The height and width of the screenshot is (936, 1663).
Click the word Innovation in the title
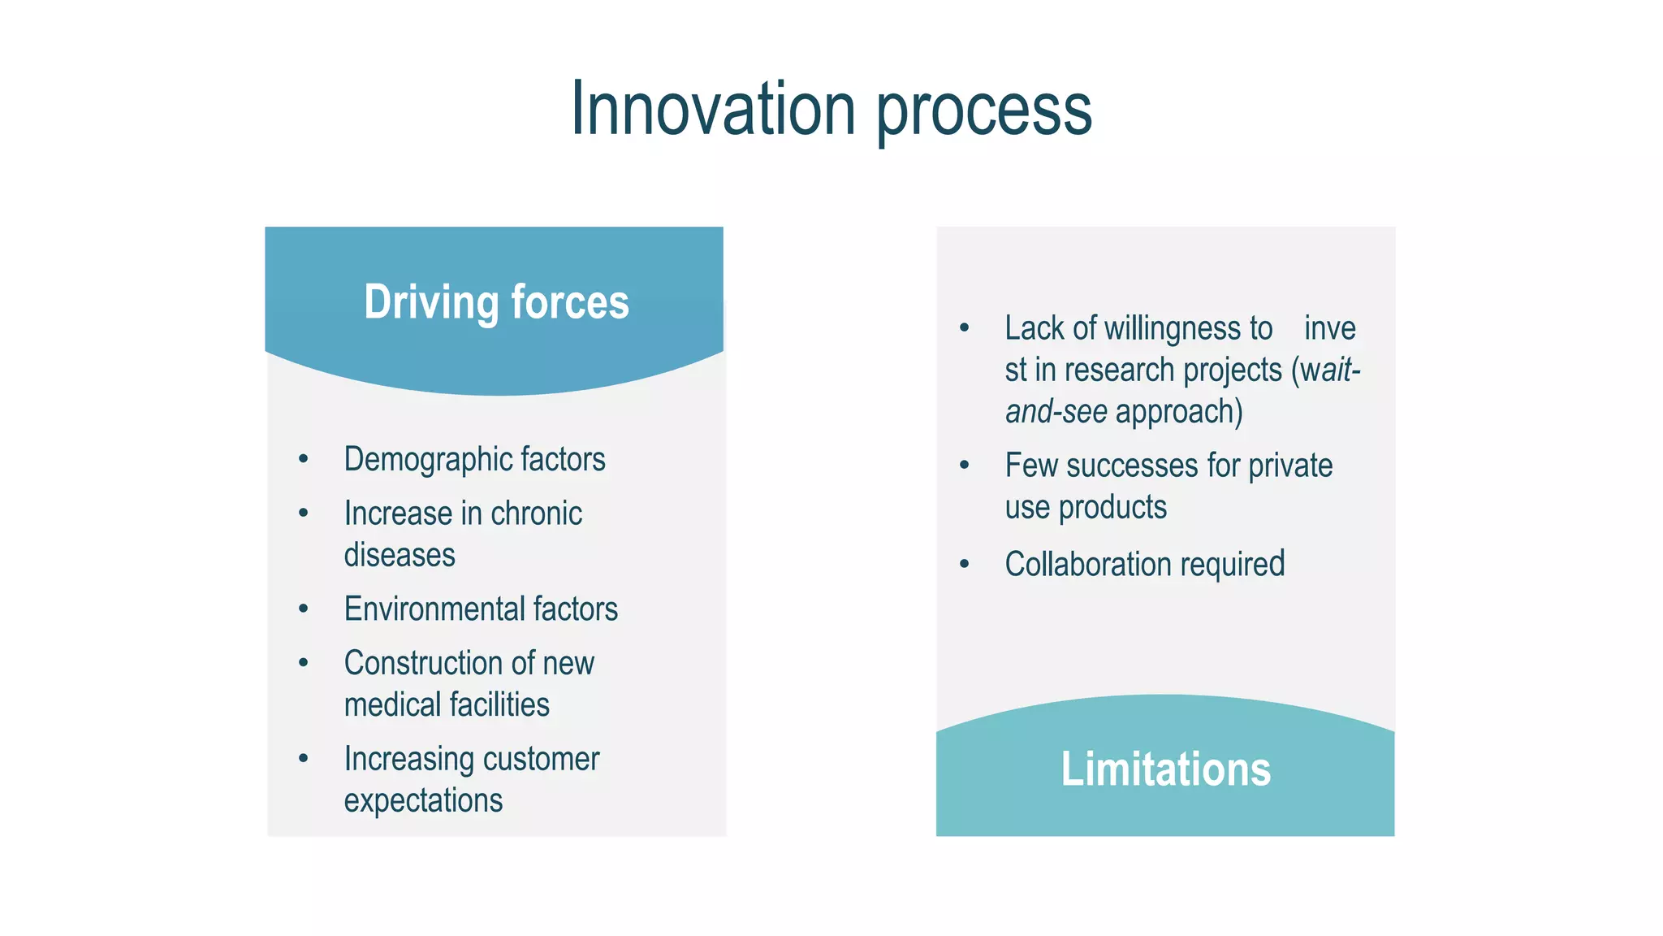pyautogui.click(x=713, y=109)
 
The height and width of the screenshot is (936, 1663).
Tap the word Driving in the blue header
pyautogui.click(x=431, y=302)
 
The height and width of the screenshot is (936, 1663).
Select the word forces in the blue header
pyautogui.click(x=570, y=302)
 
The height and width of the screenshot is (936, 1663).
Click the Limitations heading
pyautogui.click(x=1165, y=769)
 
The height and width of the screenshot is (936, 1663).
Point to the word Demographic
pyautogui.click(x=428, y=460)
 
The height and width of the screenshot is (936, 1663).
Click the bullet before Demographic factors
pyautogui.click(x=304, y=460)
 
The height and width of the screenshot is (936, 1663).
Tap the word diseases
pyautogui.click(x=400, y=556)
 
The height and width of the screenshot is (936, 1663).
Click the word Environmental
pyautogui.click(x=434, y=609)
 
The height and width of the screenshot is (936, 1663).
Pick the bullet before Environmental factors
pyautogui.click(x=304, y=609)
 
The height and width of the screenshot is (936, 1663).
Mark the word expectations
pyautogui.click(x=423, y=801)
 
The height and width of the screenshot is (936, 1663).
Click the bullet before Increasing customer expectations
pyautogui.click(x=304, y=759)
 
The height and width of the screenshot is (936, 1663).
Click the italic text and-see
pyautogui.click(x=1056, y=412)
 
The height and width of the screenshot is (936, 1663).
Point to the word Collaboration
pyautogui.click(x=1087, y=565)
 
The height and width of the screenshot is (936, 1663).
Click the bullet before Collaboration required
pyautogui.click(x=965, y=565)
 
